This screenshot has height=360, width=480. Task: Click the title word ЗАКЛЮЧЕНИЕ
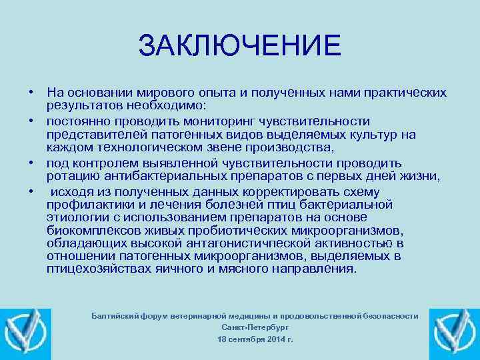point(240,46)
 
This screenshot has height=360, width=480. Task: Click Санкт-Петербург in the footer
point(255,327)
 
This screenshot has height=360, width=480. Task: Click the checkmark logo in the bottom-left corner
point(25,331)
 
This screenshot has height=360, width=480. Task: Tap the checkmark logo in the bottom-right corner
point(455,331)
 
